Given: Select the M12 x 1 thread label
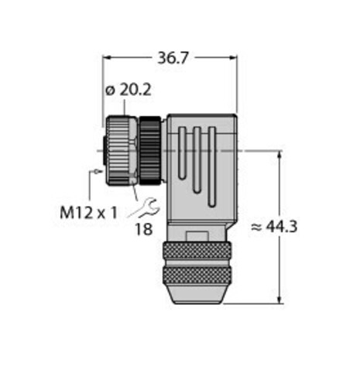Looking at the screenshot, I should [88, 211].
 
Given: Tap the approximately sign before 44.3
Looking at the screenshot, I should [255, 226].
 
